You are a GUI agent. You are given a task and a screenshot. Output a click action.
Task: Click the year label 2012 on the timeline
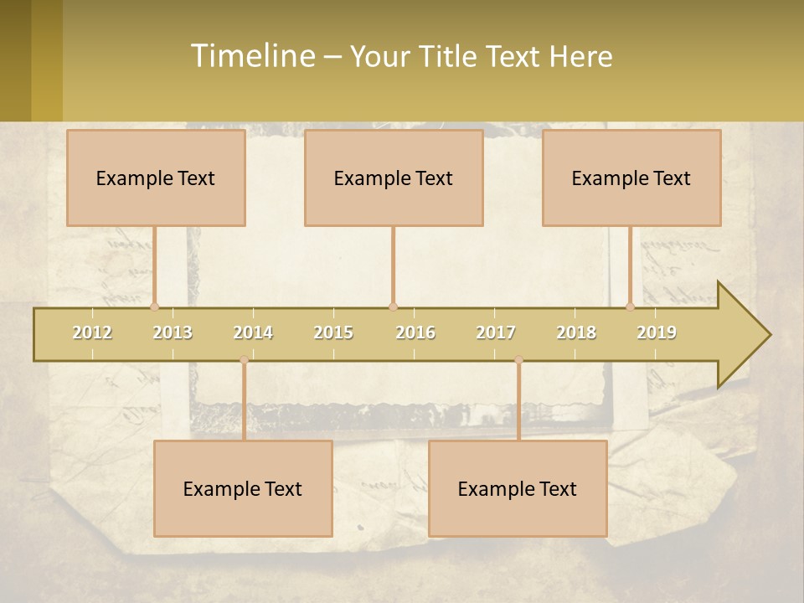pos(92,332)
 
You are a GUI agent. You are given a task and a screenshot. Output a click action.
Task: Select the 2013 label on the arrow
pos(173,332)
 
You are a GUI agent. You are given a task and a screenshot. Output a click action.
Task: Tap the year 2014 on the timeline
pos(253,332)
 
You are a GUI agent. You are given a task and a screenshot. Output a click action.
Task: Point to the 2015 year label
pos(333,332)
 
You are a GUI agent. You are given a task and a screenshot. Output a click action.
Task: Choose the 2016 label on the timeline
pos(415,332)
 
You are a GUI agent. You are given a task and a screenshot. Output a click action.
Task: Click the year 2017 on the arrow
pos(496,332)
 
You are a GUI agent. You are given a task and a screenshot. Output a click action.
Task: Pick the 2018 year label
pos(576,332)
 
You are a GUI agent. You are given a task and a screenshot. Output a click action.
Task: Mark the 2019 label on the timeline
pos(657,332)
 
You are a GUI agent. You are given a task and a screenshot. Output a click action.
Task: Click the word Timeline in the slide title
pos(252,56)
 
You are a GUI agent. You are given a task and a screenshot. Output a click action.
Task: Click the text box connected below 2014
pos(243,488)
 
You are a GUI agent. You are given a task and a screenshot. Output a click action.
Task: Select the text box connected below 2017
pos(518,488)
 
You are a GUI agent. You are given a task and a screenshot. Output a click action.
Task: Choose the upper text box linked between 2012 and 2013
pos(156,178)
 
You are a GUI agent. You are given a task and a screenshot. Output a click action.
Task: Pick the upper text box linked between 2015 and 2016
pos(394,178)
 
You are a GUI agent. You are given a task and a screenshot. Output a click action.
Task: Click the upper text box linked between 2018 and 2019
pos(631,178)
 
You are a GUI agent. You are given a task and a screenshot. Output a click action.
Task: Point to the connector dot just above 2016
pos(393,307)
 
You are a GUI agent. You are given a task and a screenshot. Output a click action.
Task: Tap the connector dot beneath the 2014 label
pos(244,360)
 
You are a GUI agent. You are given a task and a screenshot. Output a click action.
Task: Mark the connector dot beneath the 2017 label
pos(518,360)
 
